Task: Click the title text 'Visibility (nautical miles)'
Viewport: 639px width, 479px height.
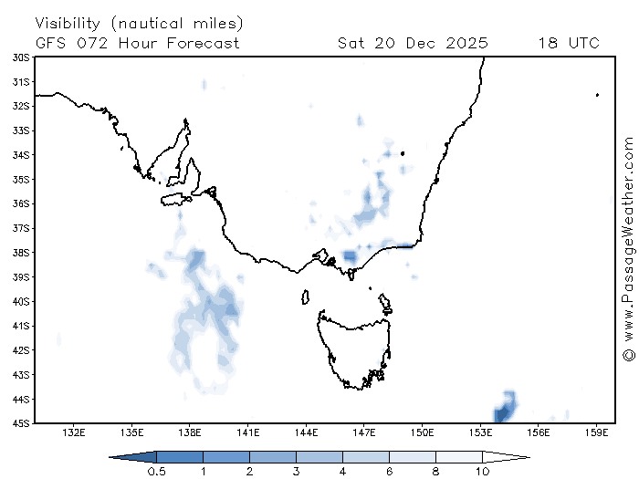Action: pyautogui.click(x=140, y=22)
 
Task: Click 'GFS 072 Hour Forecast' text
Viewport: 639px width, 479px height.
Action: pyautogui.click(x=138, y=43)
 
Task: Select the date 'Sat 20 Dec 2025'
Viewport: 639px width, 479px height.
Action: pyautogui.click(x=413, y=43)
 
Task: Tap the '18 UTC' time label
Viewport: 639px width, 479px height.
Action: pyautogui.click(x=569, y=43)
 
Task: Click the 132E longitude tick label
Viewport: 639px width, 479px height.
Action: pyautogui.click(x=75, y=432)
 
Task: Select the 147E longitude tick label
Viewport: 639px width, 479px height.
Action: pyautogui.click(x=364, y=432)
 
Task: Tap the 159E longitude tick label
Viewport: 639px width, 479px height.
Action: pyautogui.click(x=596, y=432)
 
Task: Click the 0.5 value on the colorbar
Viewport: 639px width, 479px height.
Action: pyautogui.click(x=156, y=471)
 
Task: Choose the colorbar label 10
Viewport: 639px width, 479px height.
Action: pyautogui.click(x=482, y=471)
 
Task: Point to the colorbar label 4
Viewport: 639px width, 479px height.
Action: pyautogui.click(x=342, y=471)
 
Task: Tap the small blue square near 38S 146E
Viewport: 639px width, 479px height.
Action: pyautogui.click(x=349, y=256)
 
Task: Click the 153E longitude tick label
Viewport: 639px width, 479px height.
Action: pyautogui.click(x=480, y=432)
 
